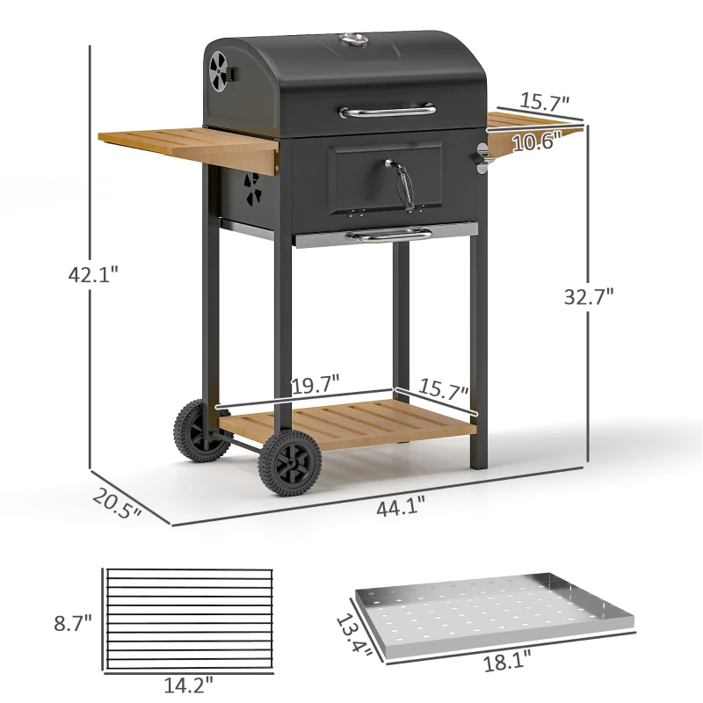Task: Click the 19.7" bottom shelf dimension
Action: (315, 383)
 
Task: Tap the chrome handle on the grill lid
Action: (388, 111)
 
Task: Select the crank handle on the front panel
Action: (400, 180)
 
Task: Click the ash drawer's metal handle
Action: (388, 234)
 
